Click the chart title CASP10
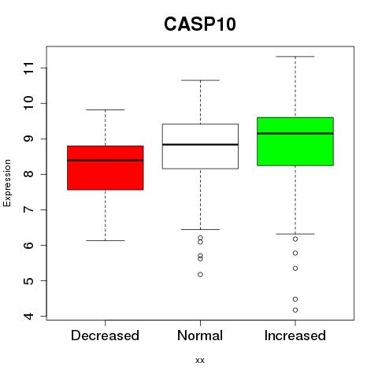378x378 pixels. tap(200, 24)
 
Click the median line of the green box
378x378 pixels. tap(295, 133)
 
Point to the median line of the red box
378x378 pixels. tap(106, 160)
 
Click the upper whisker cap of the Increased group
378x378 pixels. tap(295, 57)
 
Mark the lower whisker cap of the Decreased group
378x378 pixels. tap(106, 240)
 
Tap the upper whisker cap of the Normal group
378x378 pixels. tap(200, 80)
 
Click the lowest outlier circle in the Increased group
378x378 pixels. tap(295, 310)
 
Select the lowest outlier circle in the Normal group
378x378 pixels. tap(200, 275)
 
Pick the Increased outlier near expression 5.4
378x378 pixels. tap(295, 269)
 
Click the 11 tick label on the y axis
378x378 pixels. tap(29, 68)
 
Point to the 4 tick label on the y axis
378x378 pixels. tap(29, 316)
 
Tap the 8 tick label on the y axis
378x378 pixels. tap(29, 174)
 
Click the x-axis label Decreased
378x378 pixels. tap(105, 335)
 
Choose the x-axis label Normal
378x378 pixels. tap(200, 335)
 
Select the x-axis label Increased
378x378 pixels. tap(295, 335)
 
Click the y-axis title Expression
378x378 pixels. tap(7, 183)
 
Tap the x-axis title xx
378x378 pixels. tap(200, 361)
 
